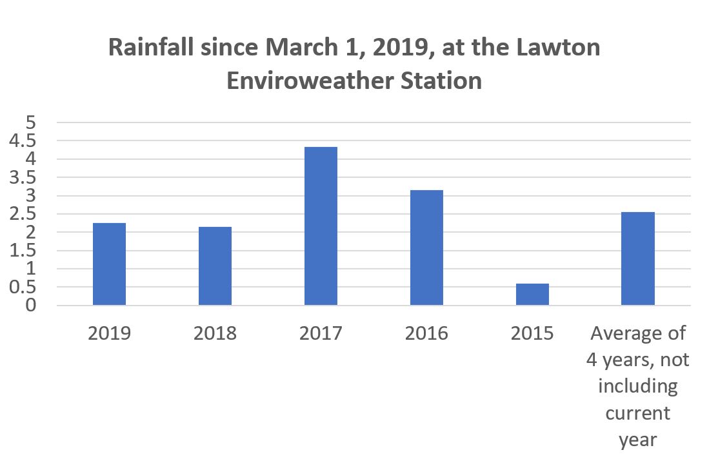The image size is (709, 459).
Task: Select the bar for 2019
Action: (x=109, y=264)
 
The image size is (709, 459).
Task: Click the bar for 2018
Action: (x=215, y=266)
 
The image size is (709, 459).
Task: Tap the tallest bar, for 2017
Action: (x=321, y=226)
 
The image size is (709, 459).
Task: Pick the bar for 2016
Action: (x=426, y=248)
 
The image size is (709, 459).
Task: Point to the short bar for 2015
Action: (x=532, y=295)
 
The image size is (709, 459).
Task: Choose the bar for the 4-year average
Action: (x=638, y=259)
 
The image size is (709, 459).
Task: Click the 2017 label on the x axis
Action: (x=321, y=334)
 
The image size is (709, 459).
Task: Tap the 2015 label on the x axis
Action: (x=532, y=334)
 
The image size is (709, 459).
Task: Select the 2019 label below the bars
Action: (x=109, y=334)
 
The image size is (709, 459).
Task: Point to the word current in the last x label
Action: (x=637, y=413)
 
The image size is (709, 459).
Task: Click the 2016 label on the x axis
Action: (x=426, y=334)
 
